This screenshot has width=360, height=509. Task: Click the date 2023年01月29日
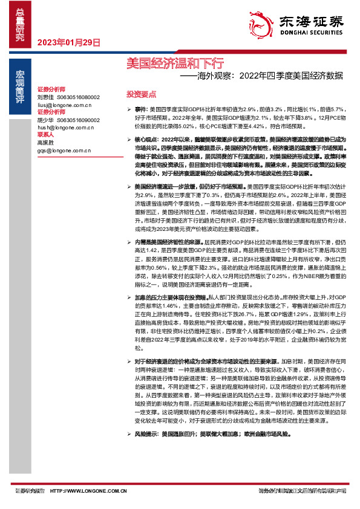pos(68,42)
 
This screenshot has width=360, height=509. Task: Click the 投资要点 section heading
pos(141,94)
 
